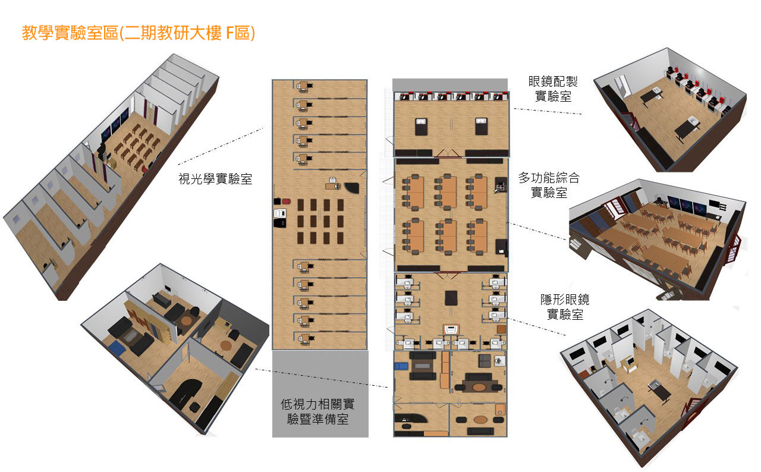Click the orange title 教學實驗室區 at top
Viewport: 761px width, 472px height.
point(70,33)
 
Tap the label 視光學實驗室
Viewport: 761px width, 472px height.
point(215,179)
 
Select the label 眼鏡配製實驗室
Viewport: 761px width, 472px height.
point(553,89)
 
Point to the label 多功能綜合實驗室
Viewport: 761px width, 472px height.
point(549,185)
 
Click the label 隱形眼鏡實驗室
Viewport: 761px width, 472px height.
point(565,307)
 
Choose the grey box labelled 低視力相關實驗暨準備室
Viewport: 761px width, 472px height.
point(320,394)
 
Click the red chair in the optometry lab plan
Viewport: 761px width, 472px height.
point(287,202)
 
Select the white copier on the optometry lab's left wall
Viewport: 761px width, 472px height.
point(280,213)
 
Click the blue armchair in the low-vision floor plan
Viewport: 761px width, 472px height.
point(401,366)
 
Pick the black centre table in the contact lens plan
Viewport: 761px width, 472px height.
point(451,298)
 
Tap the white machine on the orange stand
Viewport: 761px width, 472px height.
point(451,329)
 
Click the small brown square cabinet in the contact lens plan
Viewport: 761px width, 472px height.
point(501,329)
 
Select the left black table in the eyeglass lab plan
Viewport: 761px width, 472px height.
point(422,126)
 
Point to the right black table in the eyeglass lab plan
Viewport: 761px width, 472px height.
point(481,126)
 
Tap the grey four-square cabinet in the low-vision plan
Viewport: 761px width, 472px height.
point(485,361)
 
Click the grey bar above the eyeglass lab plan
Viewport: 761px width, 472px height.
point(450,84)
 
